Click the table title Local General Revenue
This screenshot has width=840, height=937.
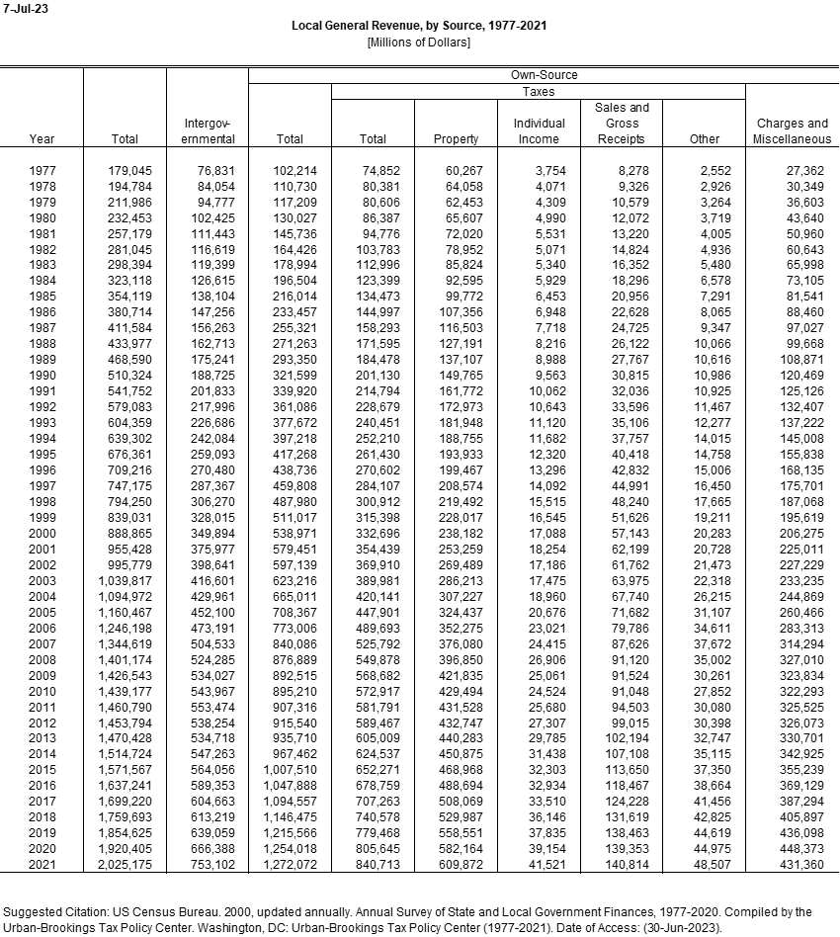coord(419,25)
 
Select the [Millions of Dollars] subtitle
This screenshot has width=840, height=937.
coord(418,42)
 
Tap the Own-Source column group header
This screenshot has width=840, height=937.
coord(544,75)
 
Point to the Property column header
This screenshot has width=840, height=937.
coord(456,139)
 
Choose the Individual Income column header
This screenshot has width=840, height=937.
coord(539,131)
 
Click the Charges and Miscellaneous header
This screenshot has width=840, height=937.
coord(792,131)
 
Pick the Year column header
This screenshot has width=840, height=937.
coord(42,139)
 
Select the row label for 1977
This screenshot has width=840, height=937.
coord(42,171)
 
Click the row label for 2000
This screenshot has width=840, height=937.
coord(42,531)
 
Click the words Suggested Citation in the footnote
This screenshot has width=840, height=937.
coord(55,911)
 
